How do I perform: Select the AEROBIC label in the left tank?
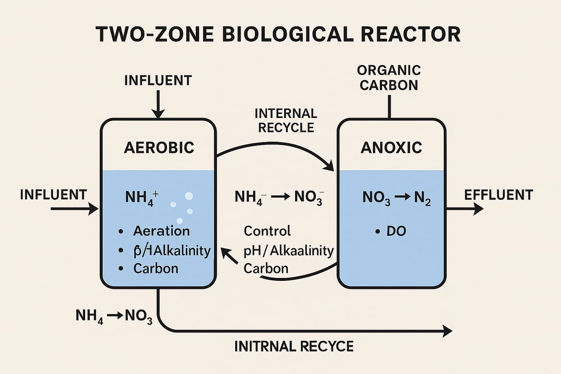pyautogui.click(x=158, y=148)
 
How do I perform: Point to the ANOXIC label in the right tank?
pyautogui.click(x=392, y=148)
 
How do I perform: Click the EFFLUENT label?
pyautogui.click(x=499, y=195)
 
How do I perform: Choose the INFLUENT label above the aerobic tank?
pyautogui.click(x=158, y=81)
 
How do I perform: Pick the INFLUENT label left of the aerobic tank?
pyautogui.click(x=53, y=195)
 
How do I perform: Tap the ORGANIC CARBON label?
pyautogui.click(x=388, y=78)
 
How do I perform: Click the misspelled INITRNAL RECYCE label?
pyautogui.click(x=294, y=346)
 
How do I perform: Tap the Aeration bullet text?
pyautogui.click(x=162, y=231)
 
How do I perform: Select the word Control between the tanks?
pyautogui.click(x=268, y=231)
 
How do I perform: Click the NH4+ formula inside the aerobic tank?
pyautogui.click(x=144, y=197)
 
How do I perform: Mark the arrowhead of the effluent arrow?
pyautogui.click(x=478, y=209)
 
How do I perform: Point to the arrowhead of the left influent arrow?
pyautogui.click(x=94, y=209)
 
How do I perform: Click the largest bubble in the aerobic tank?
pyautogui.click(x=189, y=196)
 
